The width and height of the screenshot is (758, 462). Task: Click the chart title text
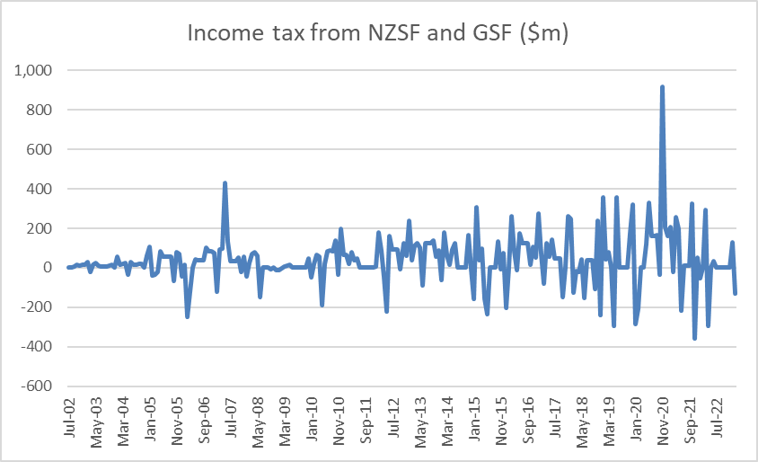coord(378,33)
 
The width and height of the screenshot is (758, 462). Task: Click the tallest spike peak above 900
coord(662,87)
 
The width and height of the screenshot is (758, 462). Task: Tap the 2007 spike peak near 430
coord(225,183)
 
